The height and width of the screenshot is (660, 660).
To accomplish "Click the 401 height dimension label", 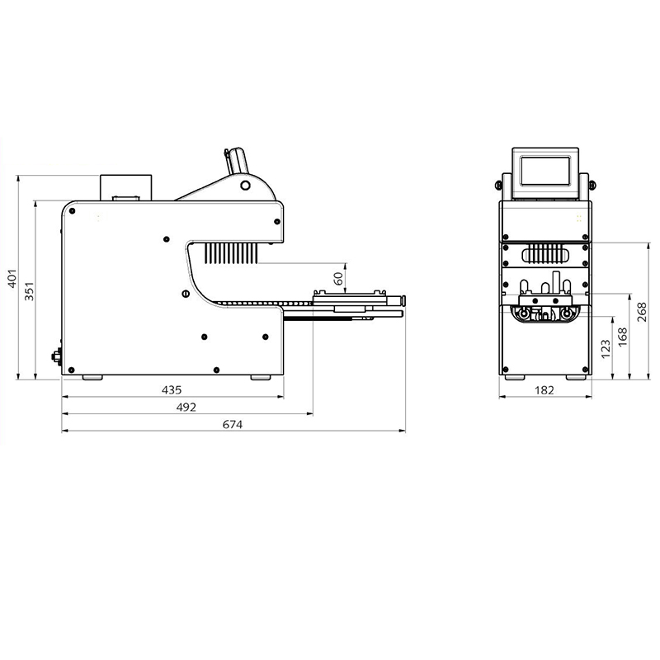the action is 12,279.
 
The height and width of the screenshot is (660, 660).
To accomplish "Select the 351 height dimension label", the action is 29,291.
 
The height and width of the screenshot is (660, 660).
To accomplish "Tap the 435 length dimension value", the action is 172,390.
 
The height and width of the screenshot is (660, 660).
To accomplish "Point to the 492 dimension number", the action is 186,408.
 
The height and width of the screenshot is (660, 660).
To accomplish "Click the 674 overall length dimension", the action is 233,425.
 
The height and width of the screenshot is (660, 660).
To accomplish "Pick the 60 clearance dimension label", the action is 338,278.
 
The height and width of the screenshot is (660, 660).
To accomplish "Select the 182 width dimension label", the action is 544,390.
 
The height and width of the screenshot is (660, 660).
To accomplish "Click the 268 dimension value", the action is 642,312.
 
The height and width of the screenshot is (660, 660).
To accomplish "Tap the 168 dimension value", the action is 623,337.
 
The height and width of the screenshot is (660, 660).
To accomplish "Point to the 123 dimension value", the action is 606,349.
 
